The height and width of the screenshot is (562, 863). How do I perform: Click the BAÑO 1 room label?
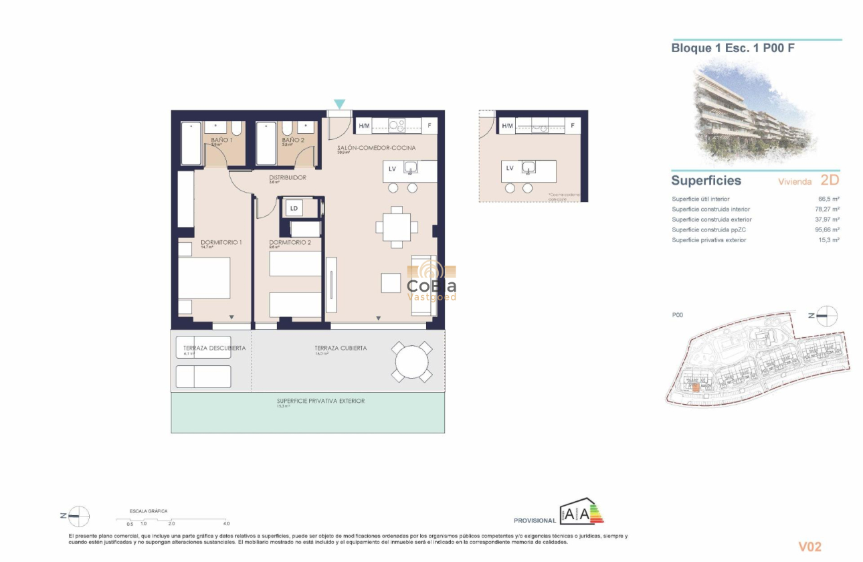[221, 140]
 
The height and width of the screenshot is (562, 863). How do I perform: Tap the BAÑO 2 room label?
[293, 140]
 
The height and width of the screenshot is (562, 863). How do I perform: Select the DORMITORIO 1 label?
[221, 242]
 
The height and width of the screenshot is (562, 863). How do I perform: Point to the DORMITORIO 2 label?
[290, 242]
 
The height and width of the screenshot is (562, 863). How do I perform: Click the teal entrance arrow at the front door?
[339, 104]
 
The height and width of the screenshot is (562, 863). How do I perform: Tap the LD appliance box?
[293, 208]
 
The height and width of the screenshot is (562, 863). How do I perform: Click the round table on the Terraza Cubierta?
[411, 362]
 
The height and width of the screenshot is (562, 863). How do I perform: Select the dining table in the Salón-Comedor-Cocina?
[397, 226]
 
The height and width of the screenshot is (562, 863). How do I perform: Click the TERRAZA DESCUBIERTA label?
[215, 348]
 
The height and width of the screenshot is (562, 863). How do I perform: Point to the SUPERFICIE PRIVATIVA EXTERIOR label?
[320, 401]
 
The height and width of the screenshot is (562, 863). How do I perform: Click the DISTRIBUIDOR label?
[287, 177]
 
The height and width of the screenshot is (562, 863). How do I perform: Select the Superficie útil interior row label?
[700, 199]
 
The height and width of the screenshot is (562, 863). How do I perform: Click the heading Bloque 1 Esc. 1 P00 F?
[733, 48]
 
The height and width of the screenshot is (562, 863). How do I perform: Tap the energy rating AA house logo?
[581, 512]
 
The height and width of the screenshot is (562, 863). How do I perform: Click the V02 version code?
[809, 547]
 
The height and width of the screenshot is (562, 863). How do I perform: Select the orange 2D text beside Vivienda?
[829, 180]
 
